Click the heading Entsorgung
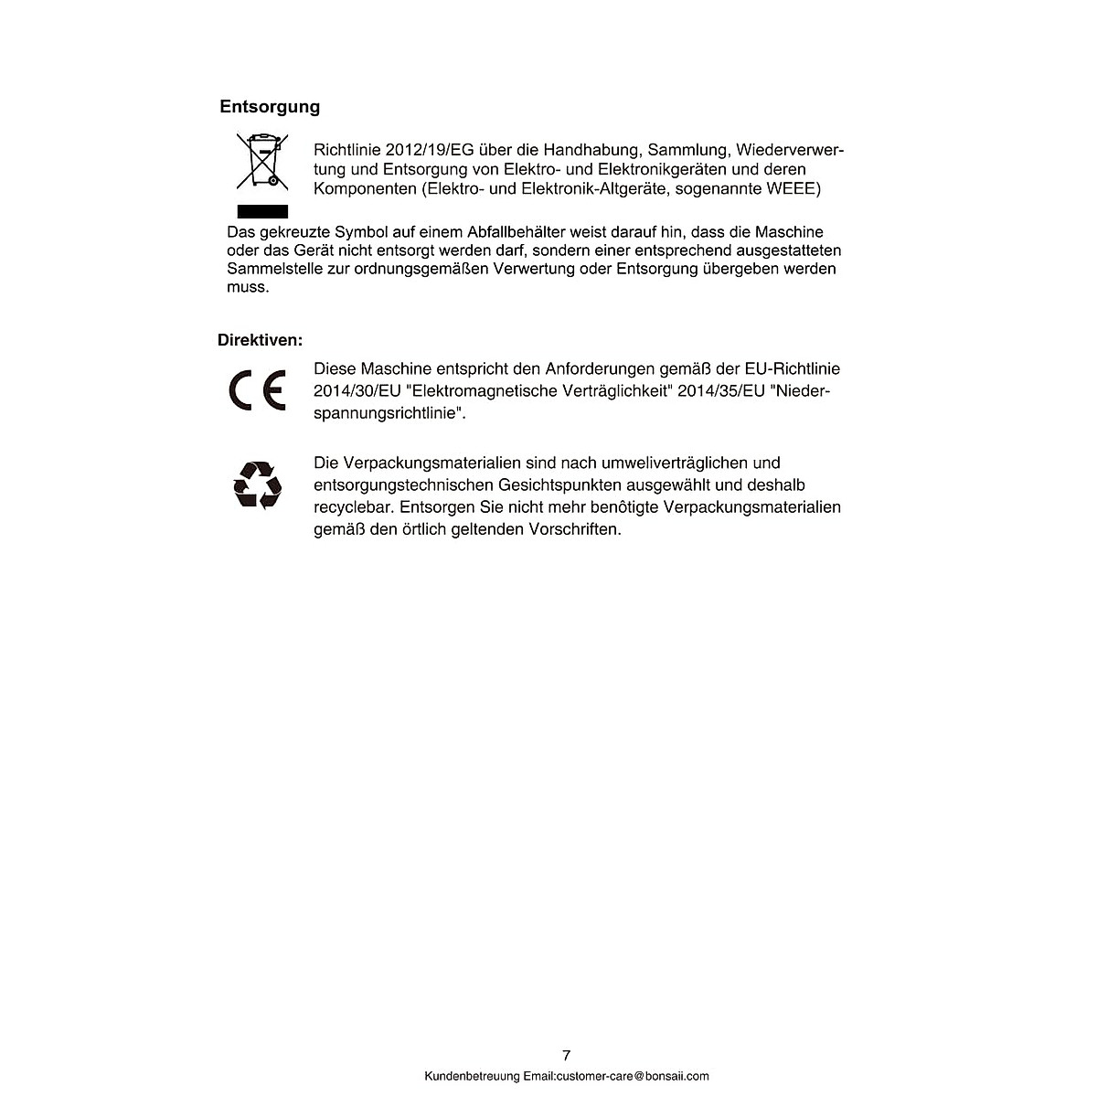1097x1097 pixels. tap(270, 107)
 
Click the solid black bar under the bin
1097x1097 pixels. tap(262, 212)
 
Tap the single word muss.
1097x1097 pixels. tap(248, 287)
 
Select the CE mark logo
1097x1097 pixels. tap(258, 391)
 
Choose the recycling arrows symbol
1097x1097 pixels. tap(258, 485)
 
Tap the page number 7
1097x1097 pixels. tap(566, 1055)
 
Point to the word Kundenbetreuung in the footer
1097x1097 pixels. tap(464, 1076)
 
